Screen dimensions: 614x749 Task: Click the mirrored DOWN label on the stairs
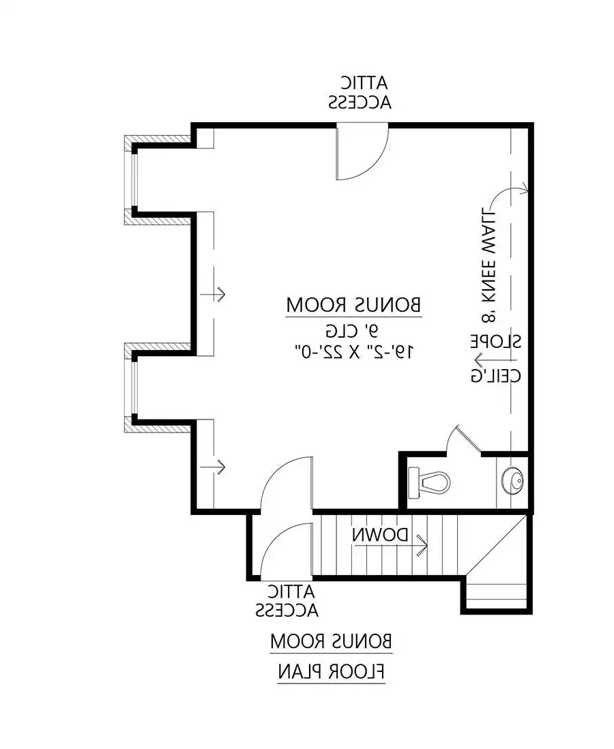(x=381, y=535)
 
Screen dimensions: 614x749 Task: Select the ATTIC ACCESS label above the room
(x=360, y=93)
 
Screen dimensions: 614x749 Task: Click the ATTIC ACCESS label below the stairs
(x=287, y=601)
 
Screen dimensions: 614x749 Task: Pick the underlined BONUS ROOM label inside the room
(x=353, y=306)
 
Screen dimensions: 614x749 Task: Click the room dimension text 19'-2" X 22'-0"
(x=353, y=352)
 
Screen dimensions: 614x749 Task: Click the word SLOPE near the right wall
(x=495, y=341)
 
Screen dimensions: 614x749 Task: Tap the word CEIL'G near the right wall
(x=495, y=375)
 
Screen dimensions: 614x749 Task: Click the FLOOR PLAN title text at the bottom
(x=331, y=672)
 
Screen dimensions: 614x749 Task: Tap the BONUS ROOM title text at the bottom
(x=331, y=641)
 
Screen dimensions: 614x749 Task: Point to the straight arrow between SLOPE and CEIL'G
(x=495, y=359)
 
